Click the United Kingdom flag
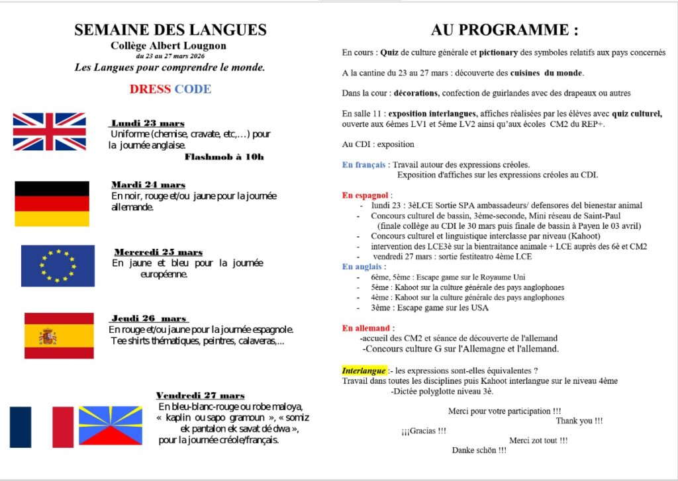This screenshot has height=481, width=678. coord(49,131)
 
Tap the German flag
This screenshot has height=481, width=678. coord(52,204)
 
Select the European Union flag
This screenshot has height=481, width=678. coord(58,265)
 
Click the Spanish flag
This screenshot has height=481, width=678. coord(59,335)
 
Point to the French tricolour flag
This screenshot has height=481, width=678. coord(41,427)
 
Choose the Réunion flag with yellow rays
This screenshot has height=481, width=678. coord(110,425)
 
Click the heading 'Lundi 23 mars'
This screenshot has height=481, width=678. coord(148,123)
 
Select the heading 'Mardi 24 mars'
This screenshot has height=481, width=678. coord(148,185)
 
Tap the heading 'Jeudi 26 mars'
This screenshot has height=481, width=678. coord(149,318)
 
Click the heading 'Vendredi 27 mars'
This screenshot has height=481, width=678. coord(200,395)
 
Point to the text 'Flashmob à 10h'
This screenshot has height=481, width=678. coord(224,157)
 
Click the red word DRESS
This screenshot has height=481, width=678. coord(150,89)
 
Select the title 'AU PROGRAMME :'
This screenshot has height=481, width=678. coord(505,30)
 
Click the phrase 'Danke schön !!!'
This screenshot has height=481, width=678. coord(479,450)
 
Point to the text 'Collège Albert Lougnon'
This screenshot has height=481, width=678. coord(169,46)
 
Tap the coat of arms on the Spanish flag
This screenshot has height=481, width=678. coord(48,337)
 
